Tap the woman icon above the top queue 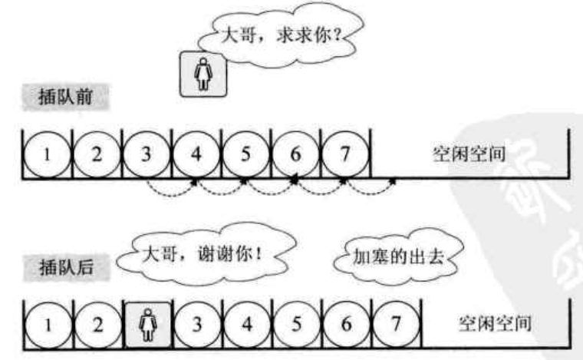coord(204,72)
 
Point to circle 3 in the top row coord(146,152)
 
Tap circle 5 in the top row coord(246,152)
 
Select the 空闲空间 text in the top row coord(469,153)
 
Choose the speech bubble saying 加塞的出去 coord(394,259)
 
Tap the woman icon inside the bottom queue coord(146,322)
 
